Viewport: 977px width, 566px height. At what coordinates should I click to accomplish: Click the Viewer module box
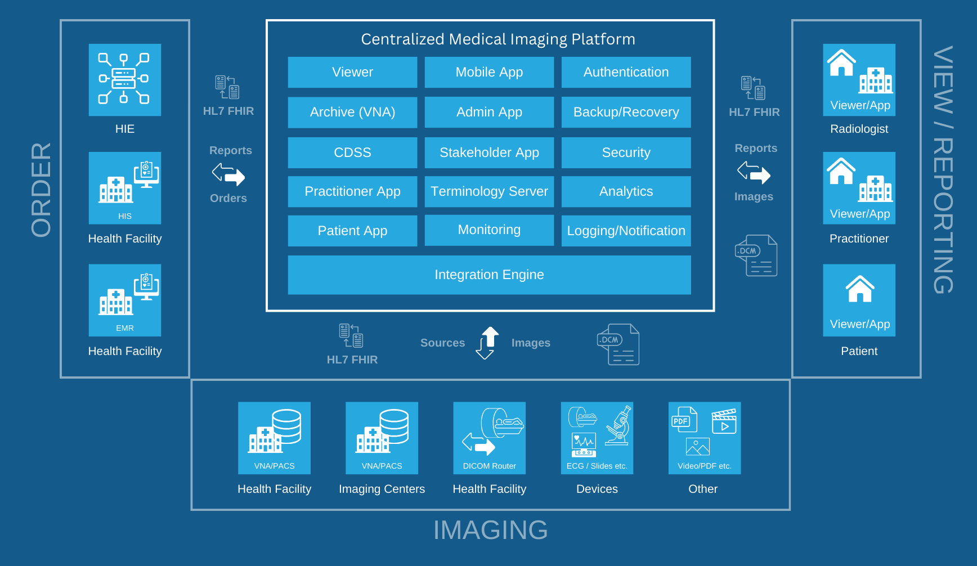352,72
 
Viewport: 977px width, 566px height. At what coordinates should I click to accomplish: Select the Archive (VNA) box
352,112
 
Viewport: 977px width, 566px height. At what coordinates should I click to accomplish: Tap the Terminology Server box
489,191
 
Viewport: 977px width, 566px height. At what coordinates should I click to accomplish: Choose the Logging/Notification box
626,231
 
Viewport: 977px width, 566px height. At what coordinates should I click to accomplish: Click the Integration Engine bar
489,275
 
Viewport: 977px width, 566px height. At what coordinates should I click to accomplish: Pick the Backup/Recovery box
626,112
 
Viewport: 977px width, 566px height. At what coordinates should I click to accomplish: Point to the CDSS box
352,152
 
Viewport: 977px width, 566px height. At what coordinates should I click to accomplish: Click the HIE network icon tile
124,80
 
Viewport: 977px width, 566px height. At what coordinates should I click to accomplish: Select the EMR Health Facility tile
124,300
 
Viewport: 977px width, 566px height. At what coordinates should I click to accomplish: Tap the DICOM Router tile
489,438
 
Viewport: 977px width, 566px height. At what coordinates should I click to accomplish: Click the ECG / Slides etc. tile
597,438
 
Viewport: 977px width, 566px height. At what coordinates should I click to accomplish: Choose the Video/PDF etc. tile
704,438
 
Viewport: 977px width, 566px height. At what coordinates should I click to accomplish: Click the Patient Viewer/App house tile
859,300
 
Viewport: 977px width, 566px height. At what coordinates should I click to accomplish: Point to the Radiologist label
859,129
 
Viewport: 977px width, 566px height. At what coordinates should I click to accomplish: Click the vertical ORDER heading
41,190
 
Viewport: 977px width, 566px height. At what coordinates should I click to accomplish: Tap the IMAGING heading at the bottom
490,530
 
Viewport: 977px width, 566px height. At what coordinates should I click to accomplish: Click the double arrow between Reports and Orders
228,174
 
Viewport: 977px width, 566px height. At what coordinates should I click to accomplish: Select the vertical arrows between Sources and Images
487,343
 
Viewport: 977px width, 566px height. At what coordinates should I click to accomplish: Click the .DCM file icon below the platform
618,344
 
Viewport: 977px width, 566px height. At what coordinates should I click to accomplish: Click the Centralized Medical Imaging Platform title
498,39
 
